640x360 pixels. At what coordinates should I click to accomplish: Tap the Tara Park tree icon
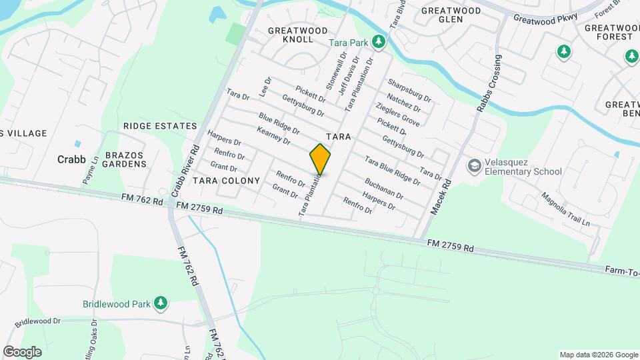(379, 43)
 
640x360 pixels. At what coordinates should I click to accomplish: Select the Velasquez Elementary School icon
(475, 165)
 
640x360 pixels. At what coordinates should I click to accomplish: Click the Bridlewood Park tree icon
(160, 303)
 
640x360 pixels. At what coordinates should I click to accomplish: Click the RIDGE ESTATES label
(160, 126)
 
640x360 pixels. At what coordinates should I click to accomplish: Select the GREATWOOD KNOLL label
(297, 35)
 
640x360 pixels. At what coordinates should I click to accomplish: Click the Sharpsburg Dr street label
(409, 91)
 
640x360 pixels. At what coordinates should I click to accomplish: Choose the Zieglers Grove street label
(398, 115)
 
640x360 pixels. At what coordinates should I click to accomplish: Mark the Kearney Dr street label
(273, 136)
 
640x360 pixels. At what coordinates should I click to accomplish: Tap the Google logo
(22, 352)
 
